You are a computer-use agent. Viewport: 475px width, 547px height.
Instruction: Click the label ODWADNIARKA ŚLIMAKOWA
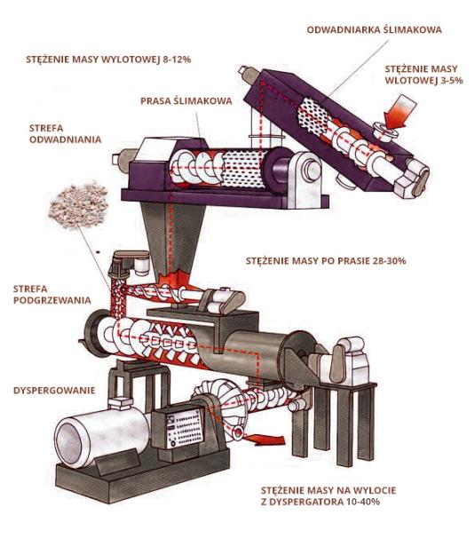pyautogui.click(x=374, y=29)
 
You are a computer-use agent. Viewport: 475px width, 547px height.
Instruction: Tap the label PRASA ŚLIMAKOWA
pyautogui.click(x=186, y=101)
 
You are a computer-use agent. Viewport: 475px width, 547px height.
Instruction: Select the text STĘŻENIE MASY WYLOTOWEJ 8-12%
pyautogui.click(x=108, y=59)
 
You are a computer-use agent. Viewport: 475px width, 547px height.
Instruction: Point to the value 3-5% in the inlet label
pyautogui.click(x=452, y=81)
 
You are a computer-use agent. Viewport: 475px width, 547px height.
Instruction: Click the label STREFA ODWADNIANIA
pyautogui.click(x=65, y=134)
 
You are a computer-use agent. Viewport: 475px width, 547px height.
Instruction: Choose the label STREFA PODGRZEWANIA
pyautogui.click(x=52, y=295)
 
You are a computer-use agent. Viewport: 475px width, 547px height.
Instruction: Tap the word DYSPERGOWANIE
pyautogui.click(x=54, y=391)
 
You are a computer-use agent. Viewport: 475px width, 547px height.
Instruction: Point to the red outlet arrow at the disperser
pyautogui.click(x=265, y=440)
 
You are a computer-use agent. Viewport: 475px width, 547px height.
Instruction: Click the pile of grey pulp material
pyautogui.click(x=78, y=205)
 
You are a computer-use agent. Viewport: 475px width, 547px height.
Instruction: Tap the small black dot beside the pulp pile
pyautogui.click(x=98, y=251)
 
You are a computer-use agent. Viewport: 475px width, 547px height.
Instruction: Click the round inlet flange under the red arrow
pyautogui.click(x=385, y=132)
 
